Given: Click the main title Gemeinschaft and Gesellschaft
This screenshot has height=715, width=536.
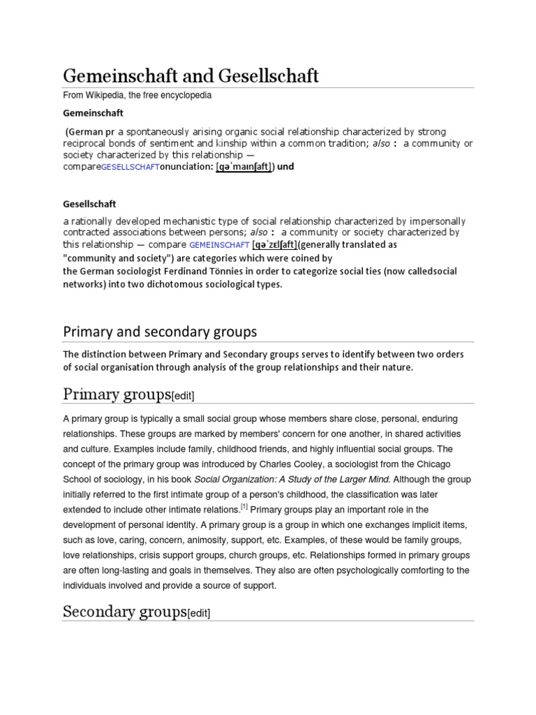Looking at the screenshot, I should click(x=191, y=75).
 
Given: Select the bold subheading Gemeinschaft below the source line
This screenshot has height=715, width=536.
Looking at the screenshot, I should click(x=94, y=112).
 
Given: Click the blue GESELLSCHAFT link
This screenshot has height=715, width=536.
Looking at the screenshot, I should click(x=130, y=168).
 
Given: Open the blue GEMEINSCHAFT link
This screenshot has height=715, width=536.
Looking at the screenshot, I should click(x=219, y=245).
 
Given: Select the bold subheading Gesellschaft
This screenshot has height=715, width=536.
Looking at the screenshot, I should click(x=89, y=205).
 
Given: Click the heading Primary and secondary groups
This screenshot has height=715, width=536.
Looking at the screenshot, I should click(x=160, y=330).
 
